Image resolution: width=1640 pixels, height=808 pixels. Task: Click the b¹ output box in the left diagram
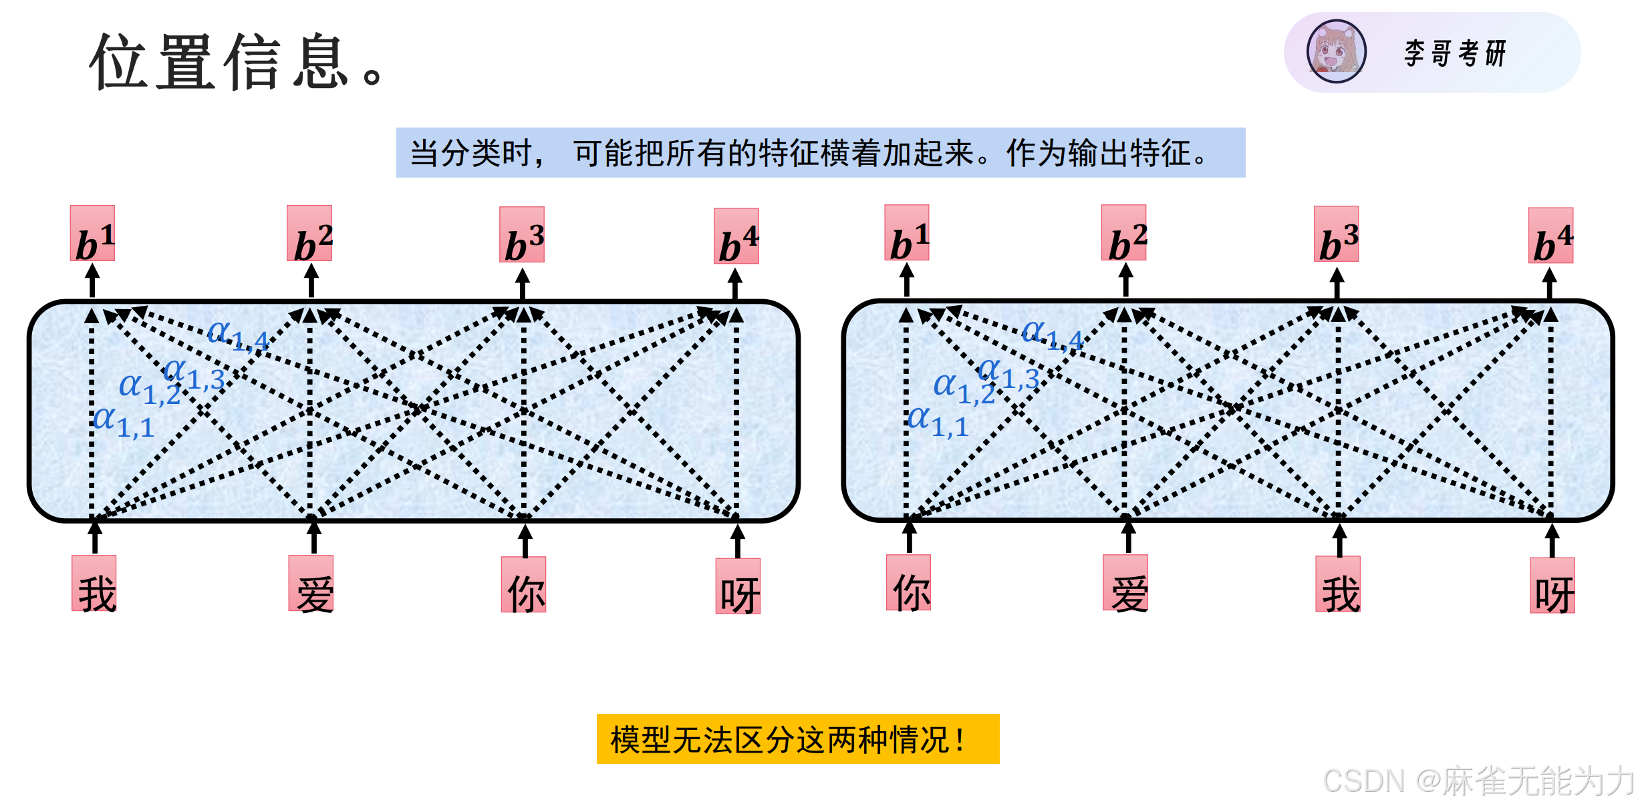click(93, 233)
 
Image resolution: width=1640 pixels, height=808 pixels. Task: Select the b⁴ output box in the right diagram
click(1550, 236)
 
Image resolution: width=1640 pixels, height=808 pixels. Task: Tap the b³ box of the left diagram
click(522, 234)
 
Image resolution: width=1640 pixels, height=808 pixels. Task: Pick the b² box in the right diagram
click(1124, 233)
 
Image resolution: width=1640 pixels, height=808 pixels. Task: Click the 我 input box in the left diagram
click(94, 584)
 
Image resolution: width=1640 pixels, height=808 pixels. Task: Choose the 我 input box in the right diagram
click(1338, 584)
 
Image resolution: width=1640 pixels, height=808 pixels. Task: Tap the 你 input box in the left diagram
click(524, 585)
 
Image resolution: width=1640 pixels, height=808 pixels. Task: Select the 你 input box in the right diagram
click(909, 583)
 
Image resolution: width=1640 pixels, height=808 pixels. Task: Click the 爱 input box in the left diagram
click(311, 584)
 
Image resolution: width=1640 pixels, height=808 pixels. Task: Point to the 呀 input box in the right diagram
click(1552, 586)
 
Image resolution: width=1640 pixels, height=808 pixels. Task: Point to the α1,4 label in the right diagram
click(1052, 334)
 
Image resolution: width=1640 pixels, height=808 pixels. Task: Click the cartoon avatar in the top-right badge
click(1337, 51)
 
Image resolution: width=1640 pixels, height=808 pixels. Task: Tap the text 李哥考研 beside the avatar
click(1455, 53)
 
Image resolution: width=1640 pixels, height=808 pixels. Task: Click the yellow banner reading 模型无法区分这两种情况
click(798, 739)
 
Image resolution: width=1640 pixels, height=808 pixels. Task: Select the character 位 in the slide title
click(119, 61)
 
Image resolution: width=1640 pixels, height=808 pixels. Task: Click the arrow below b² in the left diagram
click(311, 280)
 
